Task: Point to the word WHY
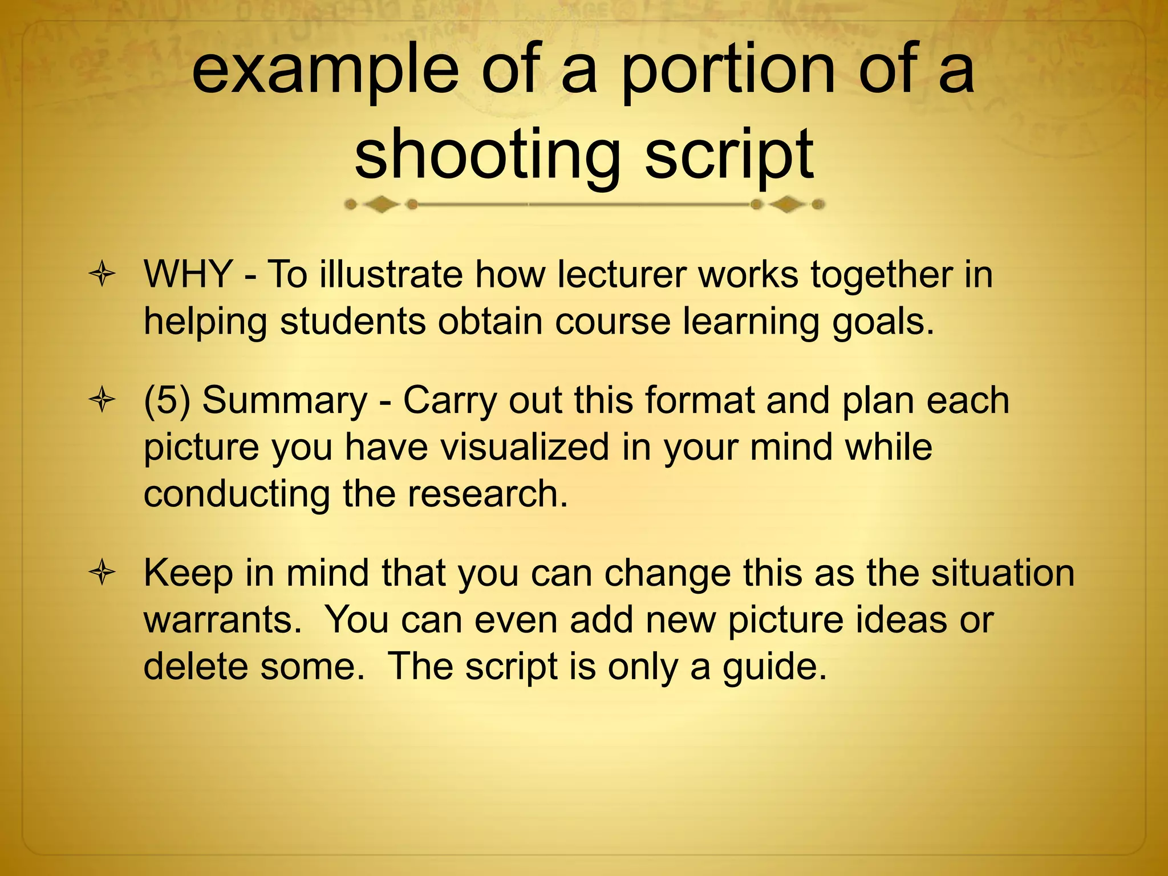click(x=188, y=274)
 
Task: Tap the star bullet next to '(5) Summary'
click(x=102, y=401)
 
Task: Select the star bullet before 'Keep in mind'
click(x=102, y=574)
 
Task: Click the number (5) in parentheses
click(x=167, y=400)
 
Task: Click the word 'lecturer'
click(x=621, y=274)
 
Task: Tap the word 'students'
click(x=352, y=321)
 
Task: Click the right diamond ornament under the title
click(x=787, y=204)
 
